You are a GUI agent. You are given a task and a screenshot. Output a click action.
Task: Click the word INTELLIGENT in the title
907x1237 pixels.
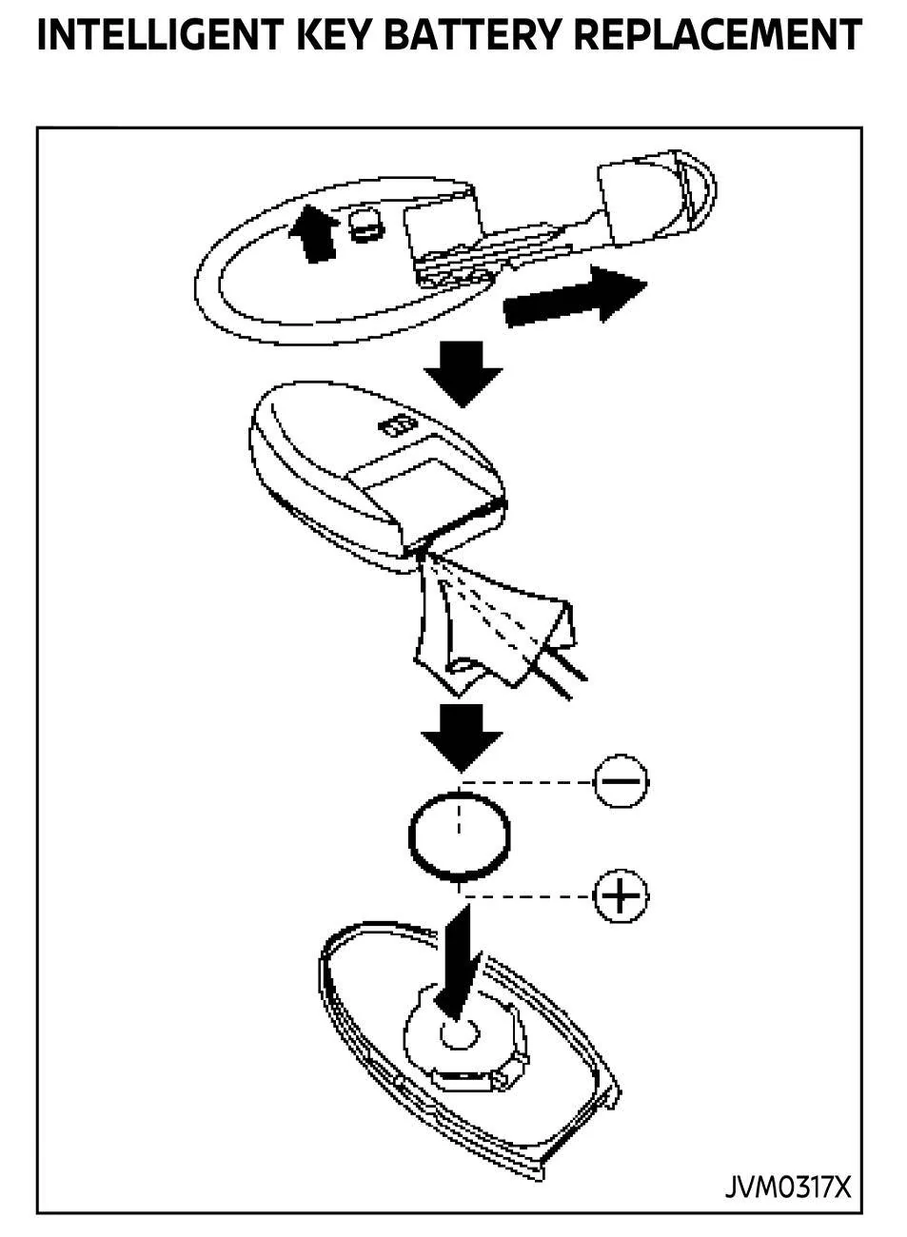pyautogui.click(x=160, y=35)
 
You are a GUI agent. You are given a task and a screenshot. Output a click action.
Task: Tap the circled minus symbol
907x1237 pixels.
pyautogui.click(x=621, y=781)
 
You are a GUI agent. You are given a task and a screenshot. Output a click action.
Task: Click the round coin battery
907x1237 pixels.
pyautogui.click(x=459, y=836)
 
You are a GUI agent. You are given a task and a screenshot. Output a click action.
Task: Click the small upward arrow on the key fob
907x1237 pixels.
pyautogui.click(x=314, y=233)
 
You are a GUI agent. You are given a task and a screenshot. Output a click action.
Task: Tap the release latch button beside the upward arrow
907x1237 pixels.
pyautogui.click(x=366, y=225)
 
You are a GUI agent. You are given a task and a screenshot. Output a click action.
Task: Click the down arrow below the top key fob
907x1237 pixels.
pyautogui.click(x=463, y=374)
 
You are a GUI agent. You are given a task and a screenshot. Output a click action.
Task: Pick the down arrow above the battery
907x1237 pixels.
pyautogui.click(x=462, y=737)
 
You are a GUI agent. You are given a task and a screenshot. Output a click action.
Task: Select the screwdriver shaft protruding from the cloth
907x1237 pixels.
pyautogui.click(x=559, y=673)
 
